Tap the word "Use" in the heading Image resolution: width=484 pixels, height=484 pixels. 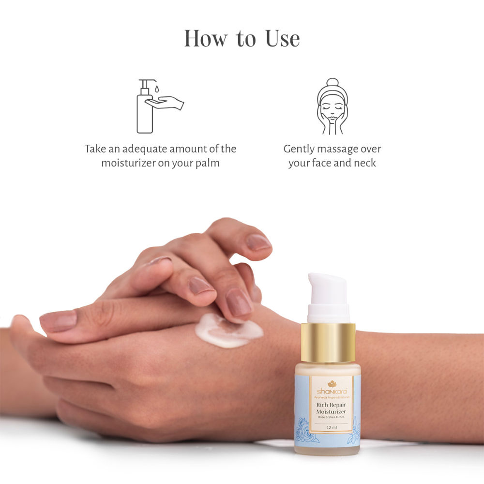pos(282,38)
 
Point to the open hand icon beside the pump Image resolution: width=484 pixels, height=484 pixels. pos(166,102)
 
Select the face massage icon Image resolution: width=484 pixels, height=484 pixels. pos(332,106)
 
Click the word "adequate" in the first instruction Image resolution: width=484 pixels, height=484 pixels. pos(144,149)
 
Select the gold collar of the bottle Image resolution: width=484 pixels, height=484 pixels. pos(328,342)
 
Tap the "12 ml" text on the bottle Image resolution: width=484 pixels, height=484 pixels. pos(332,427)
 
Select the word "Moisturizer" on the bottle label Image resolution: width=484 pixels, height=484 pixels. pos(332,412)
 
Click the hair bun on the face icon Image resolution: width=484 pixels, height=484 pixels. pos(332,82)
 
